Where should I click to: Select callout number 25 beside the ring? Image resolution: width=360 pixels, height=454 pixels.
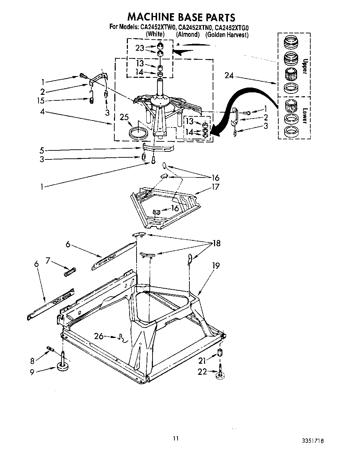click(124, 117)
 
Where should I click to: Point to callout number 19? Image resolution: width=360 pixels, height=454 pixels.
click(216, 266)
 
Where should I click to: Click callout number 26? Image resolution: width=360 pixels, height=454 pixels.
click(99, 336)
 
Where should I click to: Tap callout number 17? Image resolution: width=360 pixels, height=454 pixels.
click(216, 187)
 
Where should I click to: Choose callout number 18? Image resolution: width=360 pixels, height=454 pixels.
click(216, 243)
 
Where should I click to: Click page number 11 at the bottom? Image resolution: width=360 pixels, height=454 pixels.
click(176, 438)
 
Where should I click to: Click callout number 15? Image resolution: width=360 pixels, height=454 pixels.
click(42, 101)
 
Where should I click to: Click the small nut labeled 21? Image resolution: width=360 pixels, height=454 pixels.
click(220, 352)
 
